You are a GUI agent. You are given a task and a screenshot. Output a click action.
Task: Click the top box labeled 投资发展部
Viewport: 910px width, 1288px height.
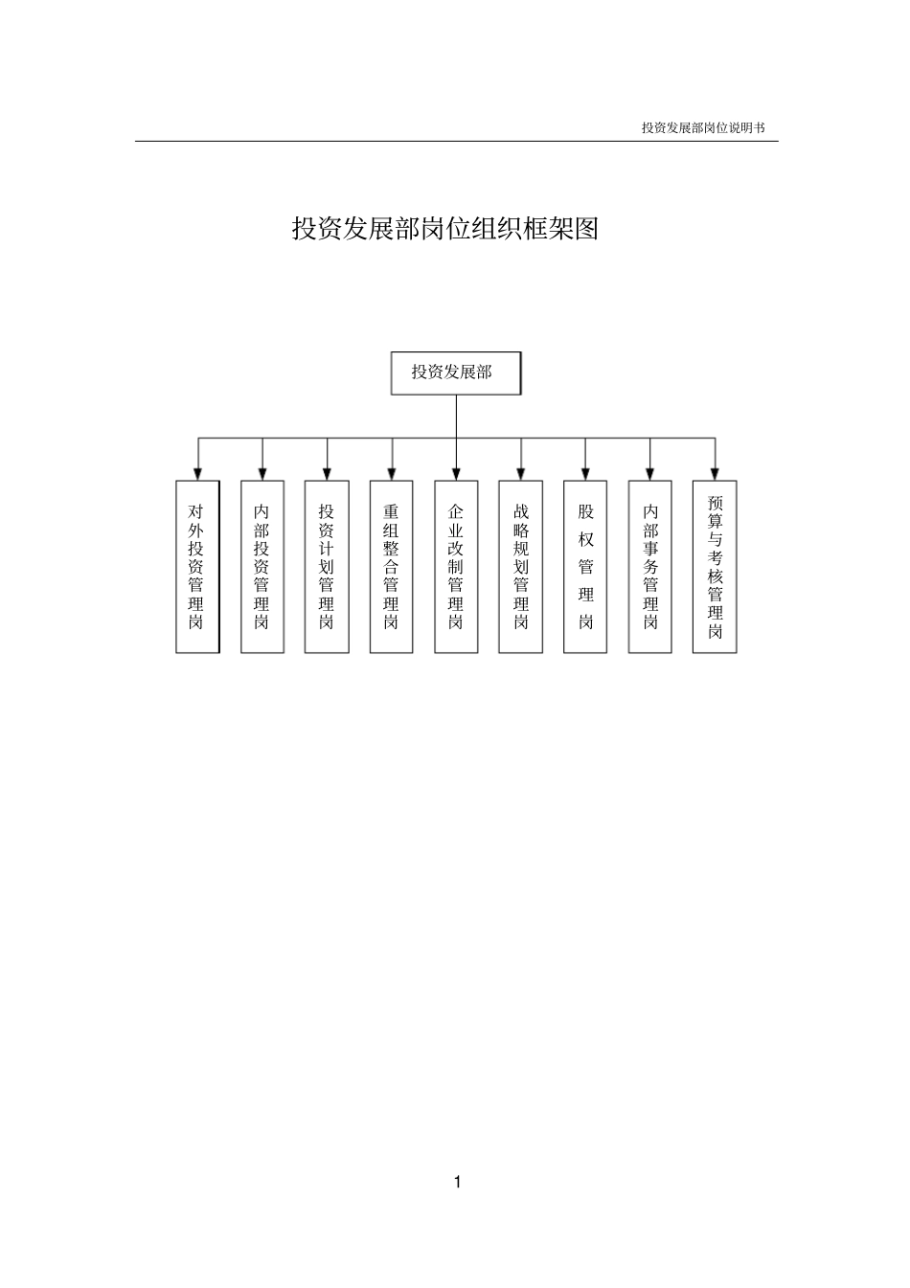point(456,373)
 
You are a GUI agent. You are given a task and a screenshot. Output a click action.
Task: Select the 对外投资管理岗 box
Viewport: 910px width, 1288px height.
point(197,567)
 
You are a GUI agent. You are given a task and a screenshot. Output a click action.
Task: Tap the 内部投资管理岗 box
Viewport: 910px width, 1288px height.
point(262,567)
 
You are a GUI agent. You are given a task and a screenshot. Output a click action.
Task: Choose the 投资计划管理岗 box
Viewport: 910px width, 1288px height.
point(327,567)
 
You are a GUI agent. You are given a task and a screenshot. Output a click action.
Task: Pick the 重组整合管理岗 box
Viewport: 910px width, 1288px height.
point(391,567)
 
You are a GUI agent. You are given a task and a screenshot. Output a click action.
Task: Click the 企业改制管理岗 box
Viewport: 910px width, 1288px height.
point(456,567)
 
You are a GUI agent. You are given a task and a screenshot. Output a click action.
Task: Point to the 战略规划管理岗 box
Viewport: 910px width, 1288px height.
point(521,567)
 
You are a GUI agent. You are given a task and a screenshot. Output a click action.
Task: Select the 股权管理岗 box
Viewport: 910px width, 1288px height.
point(585,567)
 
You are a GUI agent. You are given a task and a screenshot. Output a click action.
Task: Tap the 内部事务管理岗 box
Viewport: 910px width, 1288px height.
point(650,567)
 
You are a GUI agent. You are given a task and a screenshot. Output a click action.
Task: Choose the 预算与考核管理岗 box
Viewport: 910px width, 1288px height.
point(715,567)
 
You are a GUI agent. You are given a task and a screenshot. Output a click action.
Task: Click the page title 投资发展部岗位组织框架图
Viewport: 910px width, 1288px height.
point(445,229)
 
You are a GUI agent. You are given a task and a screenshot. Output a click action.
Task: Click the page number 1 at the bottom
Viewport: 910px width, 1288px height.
point(457,1182)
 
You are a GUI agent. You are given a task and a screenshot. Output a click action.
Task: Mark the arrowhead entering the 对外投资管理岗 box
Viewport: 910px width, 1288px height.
point(197,473)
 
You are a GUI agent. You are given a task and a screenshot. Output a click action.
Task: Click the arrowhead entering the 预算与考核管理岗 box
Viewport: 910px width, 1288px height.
point(715,473)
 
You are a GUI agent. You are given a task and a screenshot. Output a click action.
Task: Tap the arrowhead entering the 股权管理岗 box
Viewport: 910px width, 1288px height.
point(585,473)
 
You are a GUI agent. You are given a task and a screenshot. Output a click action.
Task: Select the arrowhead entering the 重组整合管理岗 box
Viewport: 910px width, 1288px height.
point(391,473)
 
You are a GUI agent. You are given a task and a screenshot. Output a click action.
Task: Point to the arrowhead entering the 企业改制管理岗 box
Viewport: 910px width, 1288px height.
point(456,473)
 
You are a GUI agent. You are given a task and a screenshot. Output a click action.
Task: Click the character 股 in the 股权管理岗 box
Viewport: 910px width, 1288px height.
point(585,511)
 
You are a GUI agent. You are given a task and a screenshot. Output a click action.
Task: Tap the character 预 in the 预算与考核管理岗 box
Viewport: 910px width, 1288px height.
point(715,503)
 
